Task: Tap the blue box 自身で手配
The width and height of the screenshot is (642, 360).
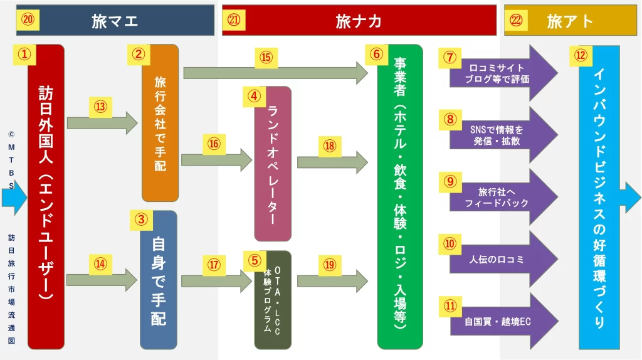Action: pos(159,280)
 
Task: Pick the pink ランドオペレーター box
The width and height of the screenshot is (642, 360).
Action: pos(273,164)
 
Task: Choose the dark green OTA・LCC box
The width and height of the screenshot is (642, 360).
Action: pos(273,300)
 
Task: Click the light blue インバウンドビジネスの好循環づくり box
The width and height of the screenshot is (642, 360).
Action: pos(599,197)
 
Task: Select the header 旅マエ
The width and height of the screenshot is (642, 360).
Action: pos(115,21)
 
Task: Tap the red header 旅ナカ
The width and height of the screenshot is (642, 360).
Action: pos(359,21)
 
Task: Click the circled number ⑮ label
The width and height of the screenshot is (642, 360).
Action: pos(266,58)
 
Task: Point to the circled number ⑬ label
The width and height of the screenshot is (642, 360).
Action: pos(100,107)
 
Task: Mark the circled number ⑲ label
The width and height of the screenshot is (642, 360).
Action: pos(330,265)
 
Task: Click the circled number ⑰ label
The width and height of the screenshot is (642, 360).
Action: pos(214,265)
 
